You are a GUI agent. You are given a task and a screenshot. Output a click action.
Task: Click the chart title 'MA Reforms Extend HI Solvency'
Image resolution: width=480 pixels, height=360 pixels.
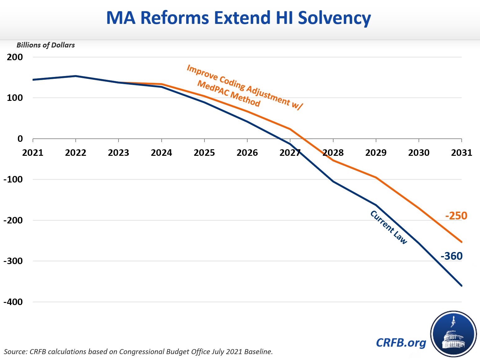238,18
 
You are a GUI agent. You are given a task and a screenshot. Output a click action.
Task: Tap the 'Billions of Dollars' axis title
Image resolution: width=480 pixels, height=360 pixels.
46,45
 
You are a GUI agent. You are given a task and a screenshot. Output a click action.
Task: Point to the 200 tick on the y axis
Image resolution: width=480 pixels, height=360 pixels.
15,57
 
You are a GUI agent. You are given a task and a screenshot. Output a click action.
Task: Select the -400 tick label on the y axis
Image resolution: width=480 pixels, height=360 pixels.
13,302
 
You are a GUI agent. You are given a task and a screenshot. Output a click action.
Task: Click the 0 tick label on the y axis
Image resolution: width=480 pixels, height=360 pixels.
20,139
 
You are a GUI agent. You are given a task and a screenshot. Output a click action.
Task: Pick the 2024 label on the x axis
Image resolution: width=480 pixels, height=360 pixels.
161,153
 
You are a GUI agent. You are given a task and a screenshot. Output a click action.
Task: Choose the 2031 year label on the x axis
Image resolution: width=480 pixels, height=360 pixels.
461,153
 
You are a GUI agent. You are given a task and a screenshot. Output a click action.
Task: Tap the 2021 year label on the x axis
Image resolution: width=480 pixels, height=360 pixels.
33,153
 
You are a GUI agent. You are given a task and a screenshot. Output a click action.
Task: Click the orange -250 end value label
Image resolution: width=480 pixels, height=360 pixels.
456,216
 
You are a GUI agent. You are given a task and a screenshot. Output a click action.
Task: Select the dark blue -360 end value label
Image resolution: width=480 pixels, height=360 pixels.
451,256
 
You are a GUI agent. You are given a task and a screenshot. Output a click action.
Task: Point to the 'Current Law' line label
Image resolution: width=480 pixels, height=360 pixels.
388,227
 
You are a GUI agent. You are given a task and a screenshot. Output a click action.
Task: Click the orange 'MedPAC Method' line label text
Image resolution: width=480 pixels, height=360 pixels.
229,94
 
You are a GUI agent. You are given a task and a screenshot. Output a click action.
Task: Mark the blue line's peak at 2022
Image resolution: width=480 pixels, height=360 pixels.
76,76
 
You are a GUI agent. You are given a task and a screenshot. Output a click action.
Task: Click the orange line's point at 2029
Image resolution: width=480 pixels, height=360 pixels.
376,178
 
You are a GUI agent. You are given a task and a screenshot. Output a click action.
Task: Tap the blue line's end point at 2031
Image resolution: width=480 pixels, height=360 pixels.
462,286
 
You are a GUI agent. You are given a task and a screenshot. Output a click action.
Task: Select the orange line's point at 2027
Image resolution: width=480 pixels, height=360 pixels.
290,129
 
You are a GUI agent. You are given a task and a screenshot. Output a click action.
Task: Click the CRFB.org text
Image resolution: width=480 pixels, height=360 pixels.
401,343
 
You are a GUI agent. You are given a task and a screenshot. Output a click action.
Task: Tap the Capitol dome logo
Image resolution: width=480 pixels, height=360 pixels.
453,334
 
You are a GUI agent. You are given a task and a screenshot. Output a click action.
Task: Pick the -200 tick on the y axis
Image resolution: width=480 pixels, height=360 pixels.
13,220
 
